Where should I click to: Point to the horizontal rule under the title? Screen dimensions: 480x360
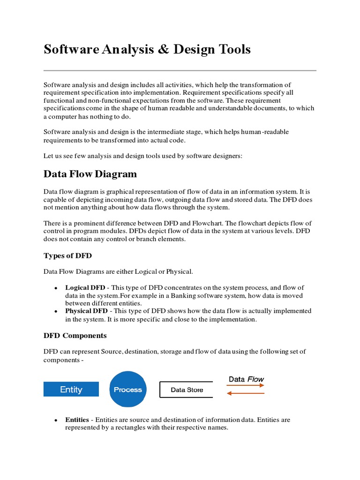(180, 71)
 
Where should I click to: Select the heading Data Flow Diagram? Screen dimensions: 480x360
(90, 174)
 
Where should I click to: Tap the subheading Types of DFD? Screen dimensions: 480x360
(67, 255)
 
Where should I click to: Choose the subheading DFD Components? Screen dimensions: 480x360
(75, 336)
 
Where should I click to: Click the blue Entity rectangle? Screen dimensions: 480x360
(71, 390)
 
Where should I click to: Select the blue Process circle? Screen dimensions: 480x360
(128, 390)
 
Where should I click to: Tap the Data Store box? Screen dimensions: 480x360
(186, 390)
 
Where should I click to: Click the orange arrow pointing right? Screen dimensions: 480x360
(246, 386)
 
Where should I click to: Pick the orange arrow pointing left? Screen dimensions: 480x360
(246, 394)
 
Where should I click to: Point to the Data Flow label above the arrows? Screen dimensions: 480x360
(246, 379)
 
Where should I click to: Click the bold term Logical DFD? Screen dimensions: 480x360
(85, 288)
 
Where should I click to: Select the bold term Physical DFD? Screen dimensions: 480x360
(86, 311)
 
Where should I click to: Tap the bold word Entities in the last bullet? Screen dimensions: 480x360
(77, 420)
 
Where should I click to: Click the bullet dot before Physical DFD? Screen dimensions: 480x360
(56, 311)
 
